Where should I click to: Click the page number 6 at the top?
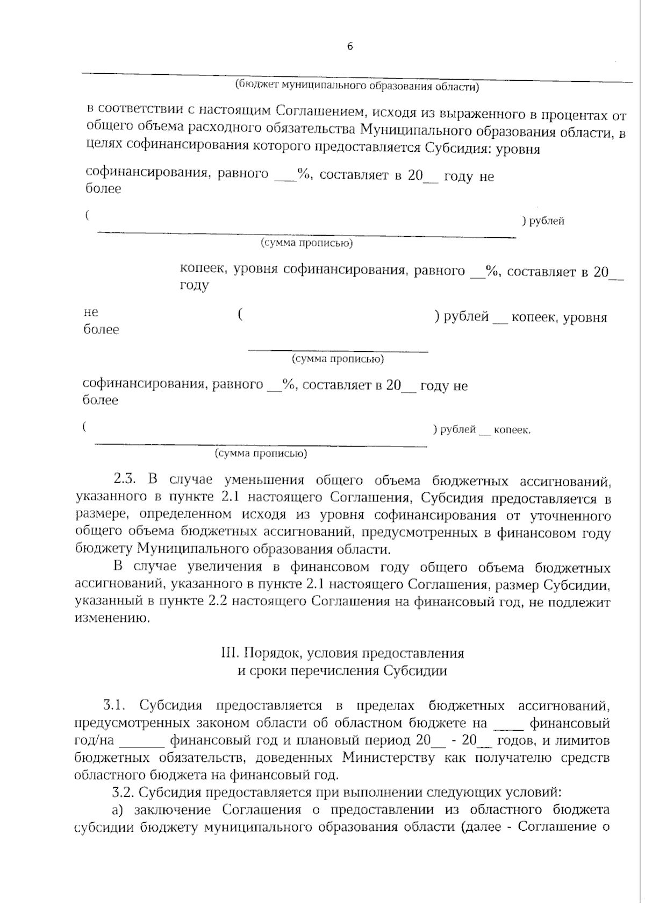pos(350,46)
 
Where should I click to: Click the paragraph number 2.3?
pos(127,480)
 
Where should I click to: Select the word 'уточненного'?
pos(570,516)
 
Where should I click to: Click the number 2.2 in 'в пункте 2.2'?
pos(220,602)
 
